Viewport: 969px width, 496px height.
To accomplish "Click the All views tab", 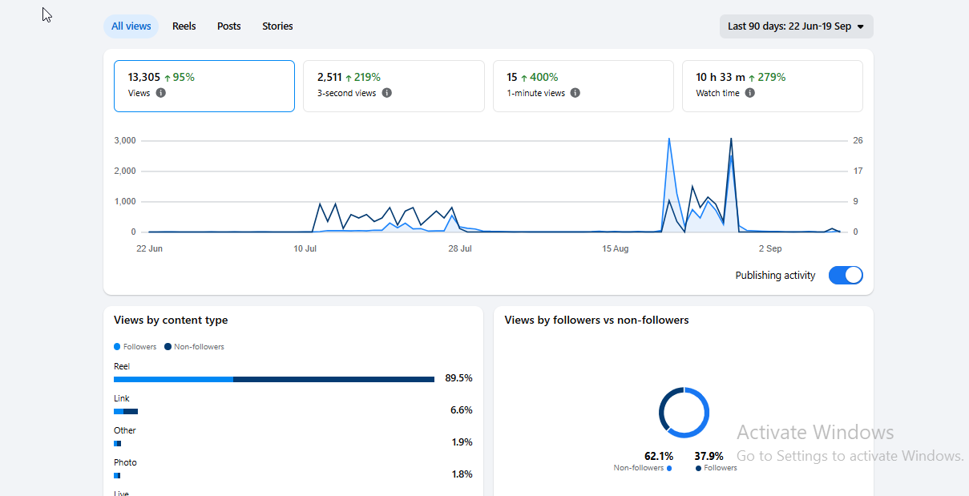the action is tap(131, 26).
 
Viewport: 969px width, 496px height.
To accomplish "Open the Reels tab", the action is tap(184, 26).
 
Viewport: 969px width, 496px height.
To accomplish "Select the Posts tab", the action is tap(229, 26).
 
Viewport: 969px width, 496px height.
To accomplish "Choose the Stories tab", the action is tap(277, 26).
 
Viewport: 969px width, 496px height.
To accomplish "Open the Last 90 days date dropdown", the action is tap(797, 26).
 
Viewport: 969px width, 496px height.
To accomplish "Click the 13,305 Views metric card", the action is tap(204, 86).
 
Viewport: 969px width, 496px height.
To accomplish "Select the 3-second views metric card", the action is tap(394, 86).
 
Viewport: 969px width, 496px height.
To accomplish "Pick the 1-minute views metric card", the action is tap(583, 86).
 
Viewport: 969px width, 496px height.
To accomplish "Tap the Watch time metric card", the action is tap(773, 86).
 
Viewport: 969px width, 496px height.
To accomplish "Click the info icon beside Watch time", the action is tap(749, 93).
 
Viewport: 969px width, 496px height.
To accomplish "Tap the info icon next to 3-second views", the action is tap(387, 93).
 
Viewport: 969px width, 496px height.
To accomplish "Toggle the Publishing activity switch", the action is tap(846, 276).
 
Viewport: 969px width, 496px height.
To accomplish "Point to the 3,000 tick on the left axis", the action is tap(125, 140).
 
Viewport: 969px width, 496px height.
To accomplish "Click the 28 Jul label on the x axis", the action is tap(460, 248).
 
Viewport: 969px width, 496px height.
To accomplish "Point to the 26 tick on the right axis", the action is tap(858, 140).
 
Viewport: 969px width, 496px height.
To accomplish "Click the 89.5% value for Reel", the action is tap(458, 378).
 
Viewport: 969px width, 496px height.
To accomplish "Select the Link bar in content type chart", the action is tap(126, 412).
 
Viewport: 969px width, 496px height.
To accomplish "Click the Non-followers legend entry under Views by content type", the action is tap(194, 347).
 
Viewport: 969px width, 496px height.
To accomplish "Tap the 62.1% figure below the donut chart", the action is tap(659, 456).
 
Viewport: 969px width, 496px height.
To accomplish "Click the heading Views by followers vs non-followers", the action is tap(596, 320).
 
